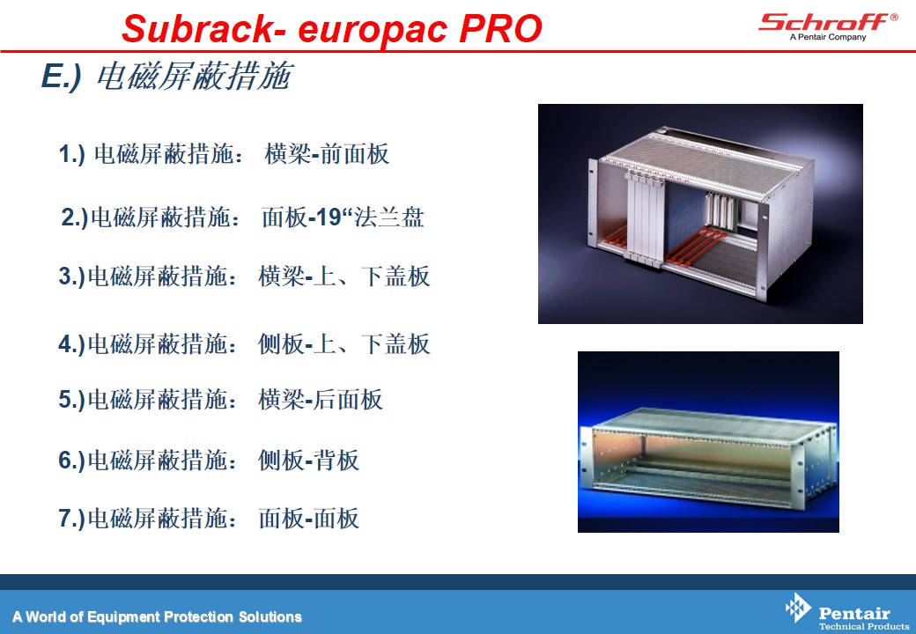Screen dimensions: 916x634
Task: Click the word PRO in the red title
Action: point(500,28)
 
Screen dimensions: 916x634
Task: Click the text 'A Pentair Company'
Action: point(828,37)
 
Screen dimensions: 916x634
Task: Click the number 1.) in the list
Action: point(72,155)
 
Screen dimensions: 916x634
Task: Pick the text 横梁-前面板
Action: point(327,154)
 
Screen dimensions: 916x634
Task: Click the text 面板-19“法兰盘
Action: point(343,217)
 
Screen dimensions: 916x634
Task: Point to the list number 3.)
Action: point(72,276)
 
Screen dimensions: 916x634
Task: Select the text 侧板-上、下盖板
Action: point(344,343)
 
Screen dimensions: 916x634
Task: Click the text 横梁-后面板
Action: point(321,399)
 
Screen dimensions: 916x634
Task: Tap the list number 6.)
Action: point(72,461)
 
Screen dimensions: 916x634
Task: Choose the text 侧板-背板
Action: point(308,460)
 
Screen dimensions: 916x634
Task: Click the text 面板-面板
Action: point(308,518)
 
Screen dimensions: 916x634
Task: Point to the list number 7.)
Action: point(72,519)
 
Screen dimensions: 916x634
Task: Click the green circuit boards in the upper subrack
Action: point(720,210)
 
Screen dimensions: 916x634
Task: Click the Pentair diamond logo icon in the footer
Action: point(798,608)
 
